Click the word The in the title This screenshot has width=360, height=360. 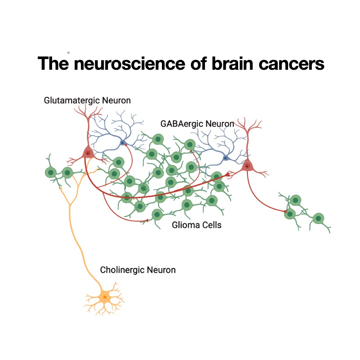pos(53,64)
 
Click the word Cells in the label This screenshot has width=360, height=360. pos(211,224)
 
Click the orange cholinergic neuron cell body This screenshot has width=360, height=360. pos(105,297)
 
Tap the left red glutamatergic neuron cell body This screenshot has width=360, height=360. pos(87,153)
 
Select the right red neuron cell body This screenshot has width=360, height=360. pos(247,166)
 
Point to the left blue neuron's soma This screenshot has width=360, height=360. pos(123,143)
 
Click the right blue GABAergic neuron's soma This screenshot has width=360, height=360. pos(226,158)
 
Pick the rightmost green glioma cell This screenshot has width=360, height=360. pos(319,218)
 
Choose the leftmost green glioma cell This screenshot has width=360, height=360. pos(51,173)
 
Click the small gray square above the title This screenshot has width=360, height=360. pos(68,52)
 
